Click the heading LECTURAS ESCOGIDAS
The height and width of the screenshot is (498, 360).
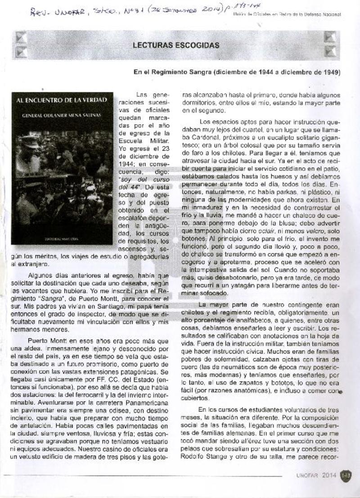[x=176, y=45]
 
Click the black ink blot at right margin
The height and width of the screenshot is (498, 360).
[x=341, y=391]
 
